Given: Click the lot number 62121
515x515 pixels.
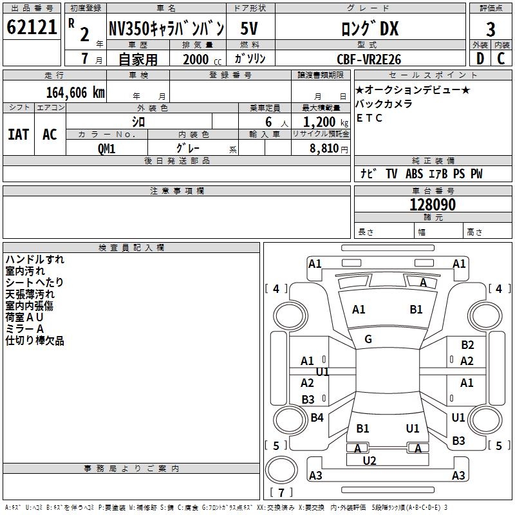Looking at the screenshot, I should (32, 28).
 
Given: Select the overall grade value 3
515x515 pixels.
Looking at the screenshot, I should (491, 29).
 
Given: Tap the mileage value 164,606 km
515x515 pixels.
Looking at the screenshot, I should (75, 92).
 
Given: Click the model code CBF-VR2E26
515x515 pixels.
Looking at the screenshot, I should (369, 59).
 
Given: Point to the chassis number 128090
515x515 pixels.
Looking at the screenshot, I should (433, 205).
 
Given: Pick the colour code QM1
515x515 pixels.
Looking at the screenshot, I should (106, 148).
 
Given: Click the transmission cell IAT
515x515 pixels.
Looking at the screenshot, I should (19, 135).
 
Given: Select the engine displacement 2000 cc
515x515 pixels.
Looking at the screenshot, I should (196, 59).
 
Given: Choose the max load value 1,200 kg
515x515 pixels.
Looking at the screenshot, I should (320, 122).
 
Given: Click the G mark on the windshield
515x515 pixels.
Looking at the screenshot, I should (368, 339).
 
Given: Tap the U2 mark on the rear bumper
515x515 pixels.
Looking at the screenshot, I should (370, 460).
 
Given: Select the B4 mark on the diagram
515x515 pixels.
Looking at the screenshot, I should (317, 418).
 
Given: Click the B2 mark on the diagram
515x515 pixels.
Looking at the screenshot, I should (467, 345).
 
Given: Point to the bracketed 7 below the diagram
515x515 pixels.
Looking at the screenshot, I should (280, 493).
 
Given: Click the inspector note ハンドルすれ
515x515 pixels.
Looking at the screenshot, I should (35, 259).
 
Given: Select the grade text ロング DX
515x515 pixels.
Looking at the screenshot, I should (370, 28).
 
